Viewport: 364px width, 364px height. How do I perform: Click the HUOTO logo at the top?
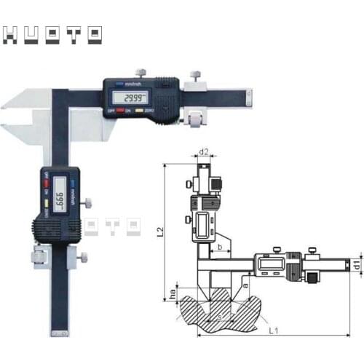53,35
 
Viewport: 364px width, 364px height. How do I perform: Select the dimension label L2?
160,233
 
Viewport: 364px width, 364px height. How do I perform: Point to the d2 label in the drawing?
205,152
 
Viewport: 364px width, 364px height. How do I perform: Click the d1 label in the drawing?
356,266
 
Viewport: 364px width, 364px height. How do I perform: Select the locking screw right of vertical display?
87,202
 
